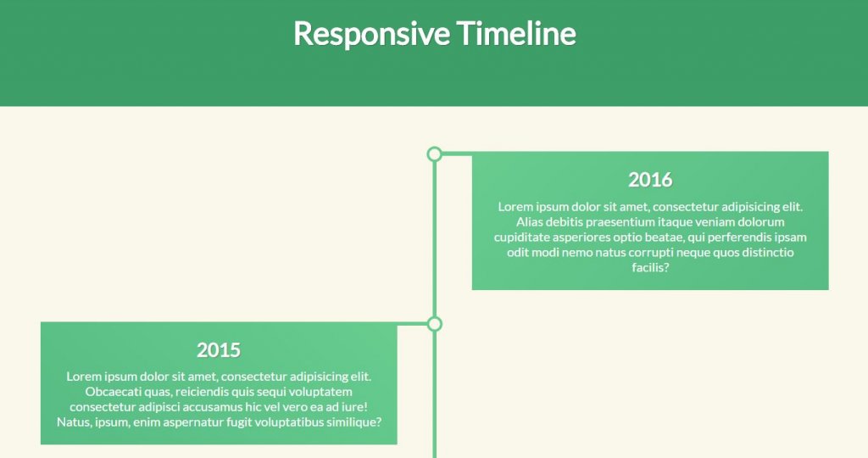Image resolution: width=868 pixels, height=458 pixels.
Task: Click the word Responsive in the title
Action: point(371,34)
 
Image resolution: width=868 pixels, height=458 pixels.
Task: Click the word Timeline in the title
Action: point(516,33)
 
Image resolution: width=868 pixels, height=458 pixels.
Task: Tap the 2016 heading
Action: point(650,180)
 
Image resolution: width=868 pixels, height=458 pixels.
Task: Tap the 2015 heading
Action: point(219,350)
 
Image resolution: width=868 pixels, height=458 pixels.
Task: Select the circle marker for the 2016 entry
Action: point(435,154)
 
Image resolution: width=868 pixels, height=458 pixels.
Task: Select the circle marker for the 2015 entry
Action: point(435,324)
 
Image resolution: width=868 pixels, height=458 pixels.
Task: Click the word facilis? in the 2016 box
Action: point(650,267)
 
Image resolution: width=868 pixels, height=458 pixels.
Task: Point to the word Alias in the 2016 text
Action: point(529,222)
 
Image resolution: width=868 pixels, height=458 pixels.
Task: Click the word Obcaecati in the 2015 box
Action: point(108,392)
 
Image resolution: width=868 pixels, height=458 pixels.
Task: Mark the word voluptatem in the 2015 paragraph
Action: point(324,392)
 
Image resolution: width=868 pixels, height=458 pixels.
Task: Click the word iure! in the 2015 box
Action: point(354,407)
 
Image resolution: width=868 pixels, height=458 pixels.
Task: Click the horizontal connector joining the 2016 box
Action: point(457,154)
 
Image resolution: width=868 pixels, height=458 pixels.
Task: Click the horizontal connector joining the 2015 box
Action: point(413,324)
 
